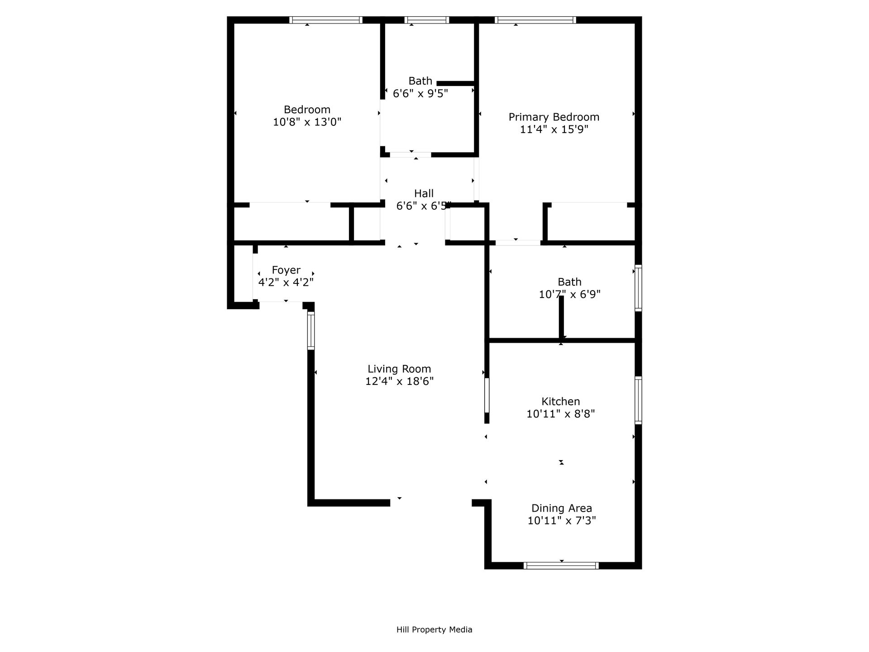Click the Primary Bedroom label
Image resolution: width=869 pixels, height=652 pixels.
(554, 117)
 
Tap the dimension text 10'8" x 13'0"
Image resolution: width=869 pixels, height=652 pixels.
(307, 122)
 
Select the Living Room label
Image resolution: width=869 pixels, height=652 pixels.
(399, 369)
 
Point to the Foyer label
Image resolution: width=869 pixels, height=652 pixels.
(286, 270)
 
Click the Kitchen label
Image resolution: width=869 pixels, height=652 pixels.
(560, 402)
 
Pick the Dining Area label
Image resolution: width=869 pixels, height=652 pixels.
(561, 508)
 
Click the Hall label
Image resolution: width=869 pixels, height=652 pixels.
(424, 193)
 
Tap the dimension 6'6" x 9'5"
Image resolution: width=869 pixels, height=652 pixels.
(420, 94)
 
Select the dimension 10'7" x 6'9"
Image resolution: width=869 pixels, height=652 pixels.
(569, 295)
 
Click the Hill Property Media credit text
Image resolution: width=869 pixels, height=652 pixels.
(434, 629)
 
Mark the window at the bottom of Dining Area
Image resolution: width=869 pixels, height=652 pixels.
(561, 566)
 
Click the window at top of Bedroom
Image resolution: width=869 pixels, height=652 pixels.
(325, 20)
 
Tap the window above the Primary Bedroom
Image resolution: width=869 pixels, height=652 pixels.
(535, 20)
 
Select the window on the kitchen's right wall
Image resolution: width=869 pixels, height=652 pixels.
(638, 400)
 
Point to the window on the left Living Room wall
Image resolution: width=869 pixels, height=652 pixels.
(311, 331)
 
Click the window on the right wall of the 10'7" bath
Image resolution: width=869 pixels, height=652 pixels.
(638, 288)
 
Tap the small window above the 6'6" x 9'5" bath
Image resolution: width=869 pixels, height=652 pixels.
(427, 20)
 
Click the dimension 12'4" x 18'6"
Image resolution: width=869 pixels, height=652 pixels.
(399, 382)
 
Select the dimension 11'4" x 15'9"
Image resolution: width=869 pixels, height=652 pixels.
(554, 130)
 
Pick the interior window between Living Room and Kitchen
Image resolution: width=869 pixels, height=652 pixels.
(487, 395)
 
